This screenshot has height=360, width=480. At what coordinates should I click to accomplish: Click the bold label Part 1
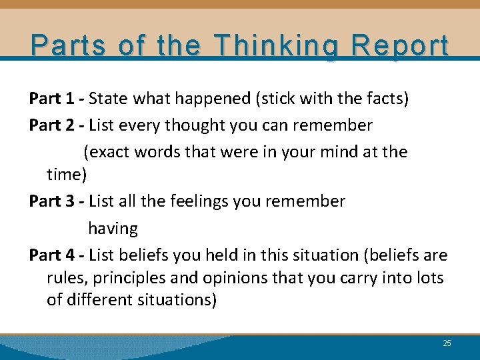51,99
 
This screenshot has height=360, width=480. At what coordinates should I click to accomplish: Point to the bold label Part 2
51,125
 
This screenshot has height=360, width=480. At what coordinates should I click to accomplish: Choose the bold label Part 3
51,201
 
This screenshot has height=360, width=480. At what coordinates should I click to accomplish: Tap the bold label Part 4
51,255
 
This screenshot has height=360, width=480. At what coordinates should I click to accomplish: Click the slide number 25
447,343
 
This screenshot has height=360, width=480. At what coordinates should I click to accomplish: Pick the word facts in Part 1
383,99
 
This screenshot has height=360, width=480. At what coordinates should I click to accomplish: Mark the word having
113,229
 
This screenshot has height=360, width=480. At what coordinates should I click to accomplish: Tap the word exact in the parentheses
109,151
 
